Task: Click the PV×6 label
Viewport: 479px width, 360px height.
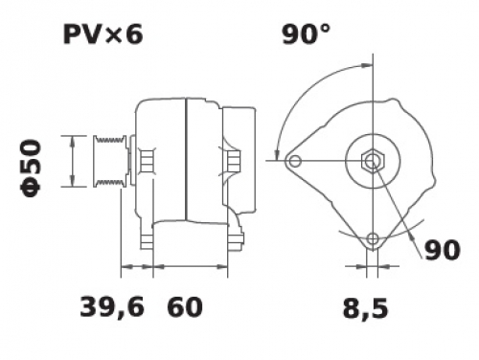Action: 103,34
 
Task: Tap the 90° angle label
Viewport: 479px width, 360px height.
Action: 306,34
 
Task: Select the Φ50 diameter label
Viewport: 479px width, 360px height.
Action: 31,168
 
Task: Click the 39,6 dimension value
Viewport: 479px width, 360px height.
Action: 112,307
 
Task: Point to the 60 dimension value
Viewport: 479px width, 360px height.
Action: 185,307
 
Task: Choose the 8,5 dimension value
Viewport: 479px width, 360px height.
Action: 365,309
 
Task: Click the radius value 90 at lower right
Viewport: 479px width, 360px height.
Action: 443,250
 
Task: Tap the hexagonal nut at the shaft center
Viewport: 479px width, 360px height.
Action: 373,160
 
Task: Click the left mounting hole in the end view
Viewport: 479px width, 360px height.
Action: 295,161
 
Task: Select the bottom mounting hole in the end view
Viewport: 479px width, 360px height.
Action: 373,238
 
